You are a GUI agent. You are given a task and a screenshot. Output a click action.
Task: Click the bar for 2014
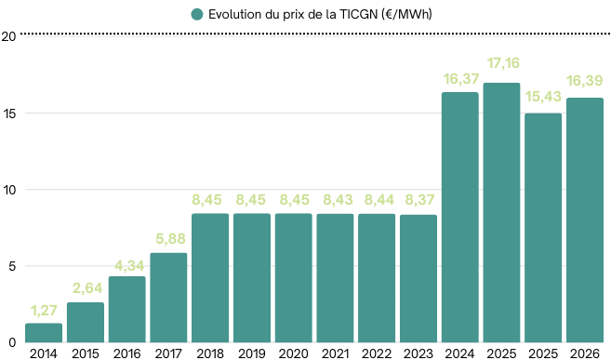coord(44,332)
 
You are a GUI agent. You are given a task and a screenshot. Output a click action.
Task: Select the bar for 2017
coord(168,297)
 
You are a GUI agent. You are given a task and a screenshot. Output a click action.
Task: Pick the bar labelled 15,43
coord(543,227)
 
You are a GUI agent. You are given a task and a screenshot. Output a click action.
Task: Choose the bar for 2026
coord(585,220)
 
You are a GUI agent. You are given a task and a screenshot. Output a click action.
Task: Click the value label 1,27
coord(44,311)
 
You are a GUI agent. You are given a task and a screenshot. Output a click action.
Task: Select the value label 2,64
coord(86,289)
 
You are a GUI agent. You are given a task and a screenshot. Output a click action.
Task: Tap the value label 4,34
coord(127,263)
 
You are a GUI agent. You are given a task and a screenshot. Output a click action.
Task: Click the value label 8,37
coord(418,200)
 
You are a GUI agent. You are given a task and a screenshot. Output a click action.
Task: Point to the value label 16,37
coord(460,79)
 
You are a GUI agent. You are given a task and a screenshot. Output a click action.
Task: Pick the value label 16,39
coord(585,79)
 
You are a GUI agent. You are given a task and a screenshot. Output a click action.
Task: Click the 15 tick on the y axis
coord(8,113)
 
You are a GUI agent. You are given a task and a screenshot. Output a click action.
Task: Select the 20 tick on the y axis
coord(8,37)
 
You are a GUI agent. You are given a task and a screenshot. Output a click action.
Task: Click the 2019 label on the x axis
coord(252,353)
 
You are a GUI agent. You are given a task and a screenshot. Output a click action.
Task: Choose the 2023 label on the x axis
coord(418,353)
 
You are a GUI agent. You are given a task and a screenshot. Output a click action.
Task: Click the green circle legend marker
coord(196,14)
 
